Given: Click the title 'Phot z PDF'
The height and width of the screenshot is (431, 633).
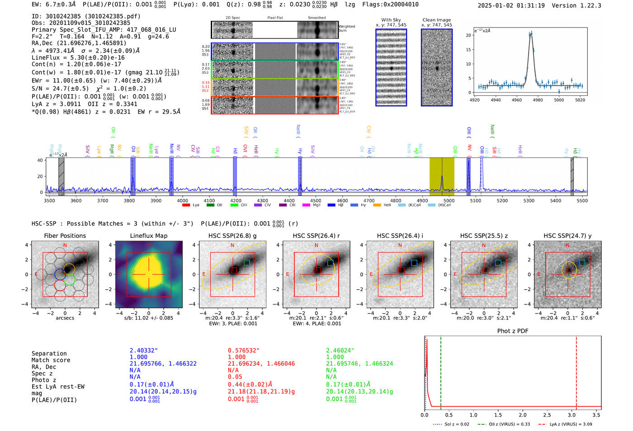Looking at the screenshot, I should pyautogui.click(x=513, y=331).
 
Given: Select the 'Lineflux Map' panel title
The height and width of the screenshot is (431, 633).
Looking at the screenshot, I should pyautogui.click(x=148, y=236).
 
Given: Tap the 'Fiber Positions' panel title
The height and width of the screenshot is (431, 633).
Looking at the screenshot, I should pyautogui.click(x=65, y=236).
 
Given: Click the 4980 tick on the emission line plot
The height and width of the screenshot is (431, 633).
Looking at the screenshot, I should pyautogui.click(x=538, y=100).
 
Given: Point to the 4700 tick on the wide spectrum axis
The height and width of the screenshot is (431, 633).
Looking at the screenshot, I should pyautogui.click(x=369, y=201).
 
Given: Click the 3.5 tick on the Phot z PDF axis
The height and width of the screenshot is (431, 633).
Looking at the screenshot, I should pyautogui.click(x=596, y=415).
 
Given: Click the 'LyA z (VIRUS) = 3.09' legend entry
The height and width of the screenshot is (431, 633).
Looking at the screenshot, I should pyautogui.click(x=565, y=424).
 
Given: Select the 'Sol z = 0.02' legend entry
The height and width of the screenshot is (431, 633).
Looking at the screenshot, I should pyautogui.click(x=452, y=424).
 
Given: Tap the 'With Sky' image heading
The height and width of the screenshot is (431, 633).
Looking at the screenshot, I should pyautogui.click(x=391, y=20).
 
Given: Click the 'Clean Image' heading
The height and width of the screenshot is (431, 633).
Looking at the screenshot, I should pyautogui.click(x=437, y=20).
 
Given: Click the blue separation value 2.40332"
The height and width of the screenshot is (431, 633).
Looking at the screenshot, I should pyautogui.click(x=144, y=350).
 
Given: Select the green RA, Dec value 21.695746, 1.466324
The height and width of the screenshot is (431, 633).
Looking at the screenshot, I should pyautogui.click(x=359, y=364).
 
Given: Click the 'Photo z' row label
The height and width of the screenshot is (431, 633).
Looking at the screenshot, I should pyautogui.click(x=44, y=380).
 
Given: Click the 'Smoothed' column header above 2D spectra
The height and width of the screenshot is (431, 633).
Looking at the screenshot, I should pyautogui.click(x=316, y=18).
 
